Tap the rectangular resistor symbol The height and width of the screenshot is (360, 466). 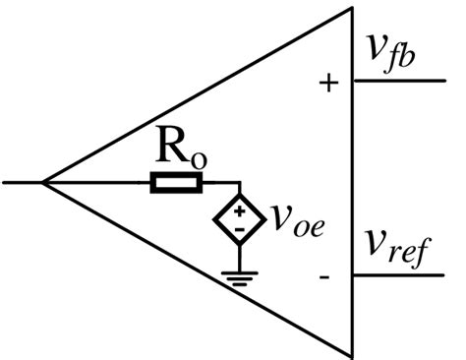pyautogui.click(x=177, y=182)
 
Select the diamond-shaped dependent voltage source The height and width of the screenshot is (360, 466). pyautogui.click(x=239, y=219)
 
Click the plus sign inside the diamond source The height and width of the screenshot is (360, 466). pyautogui.click(x=239, y=210)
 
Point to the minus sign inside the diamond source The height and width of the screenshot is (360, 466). pyautogui.click(x=239, y=229)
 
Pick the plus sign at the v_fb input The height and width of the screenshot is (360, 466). pyautogui.click(x=328, y=84)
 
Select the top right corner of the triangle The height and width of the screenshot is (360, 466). pyautogui.click(x=352, y=9)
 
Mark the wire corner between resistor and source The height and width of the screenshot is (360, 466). pyautogui.click(x=239, y=182)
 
